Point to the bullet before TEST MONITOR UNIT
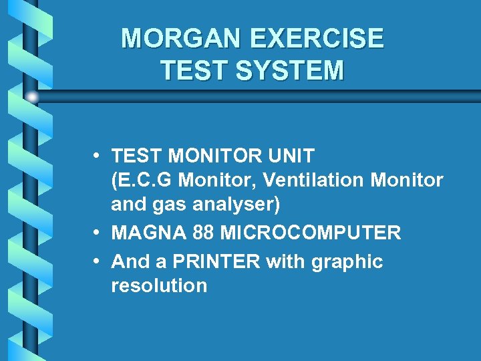click(98, 156)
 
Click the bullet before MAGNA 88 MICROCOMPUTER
click(98, 233)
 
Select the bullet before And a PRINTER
click(98, 261)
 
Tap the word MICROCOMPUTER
click(310, 233)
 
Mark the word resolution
click(159, 285)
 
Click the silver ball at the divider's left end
click(32, 97)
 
